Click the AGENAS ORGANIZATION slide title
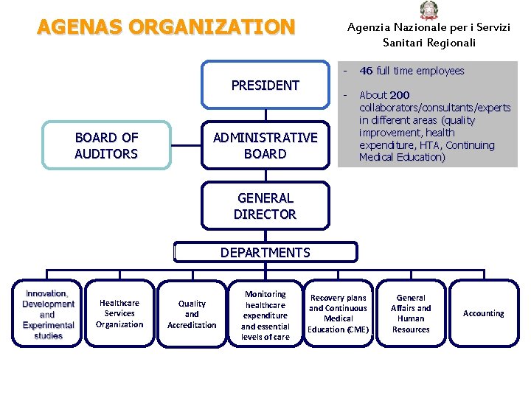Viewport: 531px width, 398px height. tap(166, 27)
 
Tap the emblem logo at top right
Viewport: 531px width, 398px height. tap(428, 10)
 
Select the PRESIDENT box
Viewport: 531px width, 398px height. tap(265, 85)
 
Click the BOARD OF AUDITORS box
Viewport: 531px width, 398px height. tap(106, 146)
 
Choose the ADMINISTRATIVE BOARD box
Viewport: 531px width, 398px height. tap(265, 146)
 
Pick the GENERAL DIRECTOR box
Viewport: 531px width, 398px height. tap(265, 206)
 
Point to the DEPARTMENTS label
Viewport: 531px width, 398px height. tap(265, 253)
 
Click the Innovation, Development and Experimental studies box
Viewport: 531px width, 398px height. tap(47, 315)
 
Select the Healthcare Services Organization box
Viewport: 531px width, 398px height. tap(119, 314)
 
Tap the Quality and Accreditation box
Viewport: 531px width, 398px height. tap(192, 314)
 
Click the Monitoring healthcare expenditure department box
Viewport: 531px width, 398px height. tap(265, 315)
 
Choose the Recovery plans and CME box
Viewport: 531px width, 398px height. tap(339, 314)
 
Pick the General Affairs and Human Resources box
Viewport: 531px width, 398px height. tap(411, 314)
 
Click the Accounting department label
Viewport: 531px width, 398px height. tap(484, 313)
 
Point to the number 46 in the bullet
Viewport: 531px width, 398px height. tap(366, 71)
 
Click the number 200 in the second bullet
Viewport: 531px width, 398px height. tap(400, 95)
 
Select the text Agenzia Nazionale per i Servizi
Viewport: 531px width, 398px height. tap(428, 27)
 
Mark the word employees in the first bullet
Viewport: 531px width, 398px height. tap(440, 71)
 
